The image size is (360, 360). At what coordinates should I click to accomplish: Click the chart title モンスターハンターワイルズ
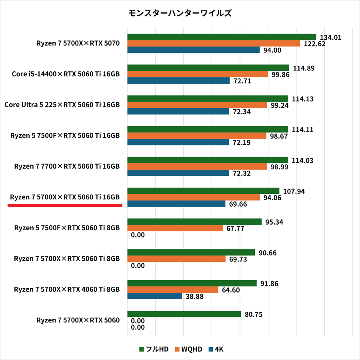[x=180, y=13]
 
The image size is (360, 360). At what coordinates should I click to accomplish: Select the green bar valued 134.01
[x=222, y=37]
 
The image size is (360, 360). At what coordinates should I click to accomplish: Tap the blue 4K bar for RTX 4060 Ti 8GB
[x=155, y=296]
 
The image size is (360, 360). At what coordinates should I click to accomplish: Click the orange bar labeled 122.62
[x=214, y=44]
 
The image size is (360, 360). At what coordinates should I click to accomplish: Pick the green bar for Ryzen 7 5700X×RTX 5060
[x=184, y=314]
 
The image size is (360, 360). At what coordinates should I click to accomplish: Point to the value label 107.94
[x=294, y=191]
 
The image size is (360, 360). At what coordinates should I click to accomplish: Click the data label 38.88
[x=194, y=296]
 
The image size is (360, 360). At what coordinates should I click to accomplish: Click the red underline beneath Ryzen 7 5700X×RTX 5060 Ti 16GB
[x=64, y=205]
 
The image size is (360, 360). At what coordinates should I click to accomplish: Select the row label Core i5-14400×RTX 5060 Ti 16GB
[x=66, y=74]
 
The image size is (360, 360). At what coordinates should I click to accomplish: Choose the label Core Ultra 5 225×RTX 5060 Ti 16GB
[x=62, y=105]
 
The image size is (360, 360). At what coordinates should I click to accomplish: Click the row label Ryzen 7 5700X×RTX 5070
[x=78, y=43]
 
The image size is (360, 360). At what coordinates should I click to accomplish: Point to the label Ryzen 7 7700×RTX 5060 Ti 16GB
[x=67, y=166]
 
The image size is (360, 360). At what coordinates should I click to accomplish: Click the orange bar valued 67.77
[x=175, y=228]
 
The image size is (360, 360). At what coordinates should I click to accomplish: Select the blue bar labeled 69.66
[x=176, y=204]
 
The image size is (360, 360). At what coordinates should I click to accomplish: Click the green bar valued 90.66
[x=191, y=253]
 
